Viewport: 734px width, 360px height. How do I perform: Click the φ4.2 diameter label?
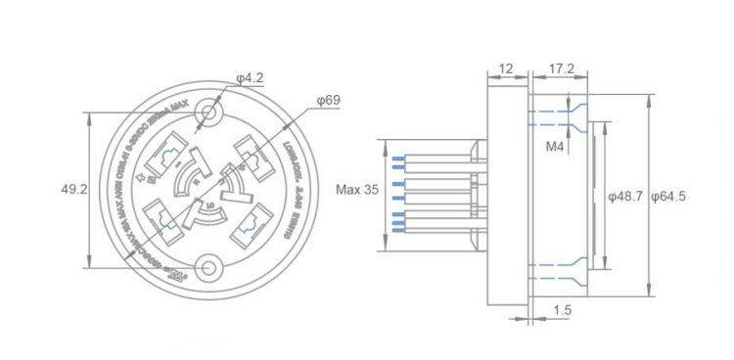point(251,78)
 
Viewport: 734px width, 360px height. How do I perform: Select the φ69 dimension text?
point(328,100)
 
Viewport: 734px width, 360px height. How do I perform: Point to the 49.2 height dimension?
point(74,188)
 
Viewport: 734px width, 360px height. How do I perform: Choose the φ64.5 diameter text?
point(670,196)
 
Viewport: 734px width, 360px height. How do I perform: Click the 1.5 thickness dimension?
point(562,310)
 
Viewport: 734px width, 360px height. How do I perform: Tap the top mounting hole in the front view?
point(207,114)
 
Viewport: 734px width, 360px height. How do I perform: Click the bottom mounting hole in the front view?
point(207,266)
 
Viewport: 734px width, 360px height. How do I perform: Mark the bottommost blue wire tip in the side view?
point(395,232)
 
